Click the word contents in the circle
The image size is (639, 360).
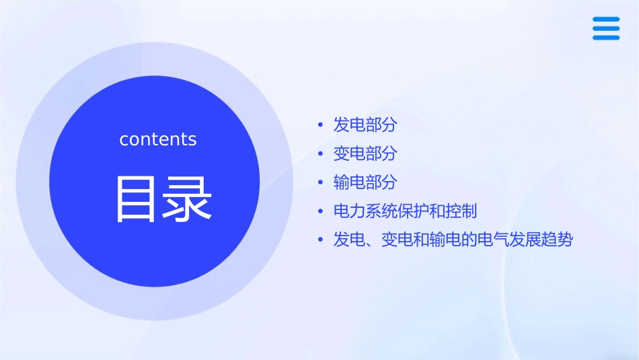(x=158, y=139)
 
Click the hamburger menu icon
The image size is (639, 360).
(x=606, y=29)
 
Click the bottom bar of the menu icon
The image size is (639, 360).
(x=606, y=38)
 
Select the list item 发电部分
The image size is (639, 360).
(x=365, y=124)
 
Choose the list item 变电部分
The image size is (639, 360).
(x=365, y=153)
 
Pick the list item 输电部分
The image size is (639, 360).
(x=365, y=182)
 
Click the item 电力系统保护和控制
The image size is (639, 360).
(x=405, y=211)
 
